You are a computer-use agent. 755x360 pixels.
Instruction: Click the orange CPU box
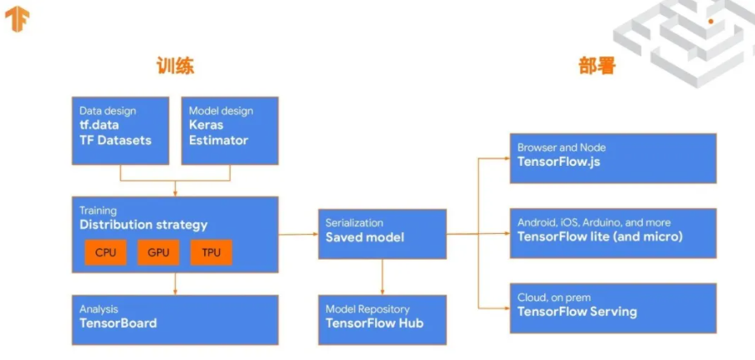[x=105, y=253]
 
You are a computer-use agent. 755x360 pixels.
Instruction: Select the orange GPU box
[x=158, y=253]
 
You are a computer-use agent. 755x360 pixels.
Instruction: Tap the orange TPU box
[x=211, y=253]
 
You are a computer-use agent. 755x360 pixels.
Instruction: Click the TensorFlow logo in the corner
[x=17, y=18]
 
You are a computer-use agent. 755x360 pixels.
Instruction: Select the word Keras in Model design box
[x=206, y=125]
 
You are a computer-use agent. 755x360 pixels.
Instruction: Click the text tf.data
[x=99, y=125]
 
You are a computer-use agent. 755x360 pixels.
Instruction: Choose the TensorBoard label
[x=118, y=323]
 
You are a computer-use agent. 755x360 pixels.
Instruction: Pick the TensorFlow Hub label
[x=374, y=323]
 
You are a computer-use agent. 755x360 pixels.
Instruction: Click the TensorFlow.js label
[x=558, y=161]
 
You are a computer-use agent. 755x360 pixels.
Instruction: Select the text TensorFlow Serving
[x=577, y=312]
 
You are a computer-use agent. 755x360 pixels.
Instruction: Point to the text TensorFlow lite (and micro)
[x=600, y=236]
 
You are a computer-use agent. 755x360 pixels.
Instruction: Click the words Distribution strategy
[x=144, y=225]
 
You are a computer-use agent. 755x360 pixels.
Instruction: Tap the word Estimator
[x=218, y=140]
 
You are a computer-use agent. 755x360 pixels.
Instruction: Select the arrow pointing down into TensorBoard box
[x=174, y=284]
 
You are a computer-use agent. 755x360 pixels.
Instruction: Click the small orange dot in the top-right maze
[x=710, y=21]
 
